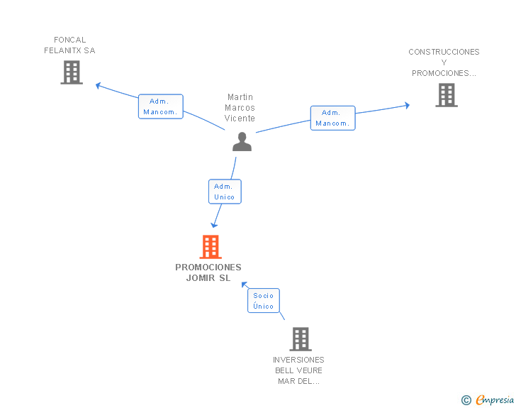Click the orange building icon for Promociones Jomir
point(211,247)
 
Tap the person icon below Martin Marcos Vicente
point(242,142)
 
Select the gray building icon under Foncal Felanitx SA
point(72,72)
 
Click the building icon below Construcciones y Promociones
point(447,95)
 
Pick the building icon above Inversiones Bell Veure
point(301,339)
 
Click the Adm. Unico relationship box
point(225,192)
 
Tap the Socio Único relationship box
point(264,301)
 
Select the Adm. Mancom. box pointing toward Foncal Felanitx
point(161,106)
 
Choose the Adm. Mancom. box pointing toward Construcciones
point(332,118)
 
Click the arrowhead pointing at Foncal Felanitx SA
point(98,86)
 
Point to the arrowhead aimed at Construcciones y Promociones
point(408,106)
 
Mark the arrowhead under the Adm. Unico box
point(214,226)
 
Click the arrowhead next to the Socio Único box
point(244,285)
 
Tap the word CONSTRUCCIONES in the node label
point(444,52)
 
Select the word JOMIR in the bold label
point(201,278)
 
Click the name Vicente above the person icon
point(240,118)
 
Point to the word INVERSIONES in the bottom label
point(298,360)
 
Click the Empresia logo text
point(495,399)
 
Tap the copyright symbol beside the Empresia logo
point(466,400)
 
